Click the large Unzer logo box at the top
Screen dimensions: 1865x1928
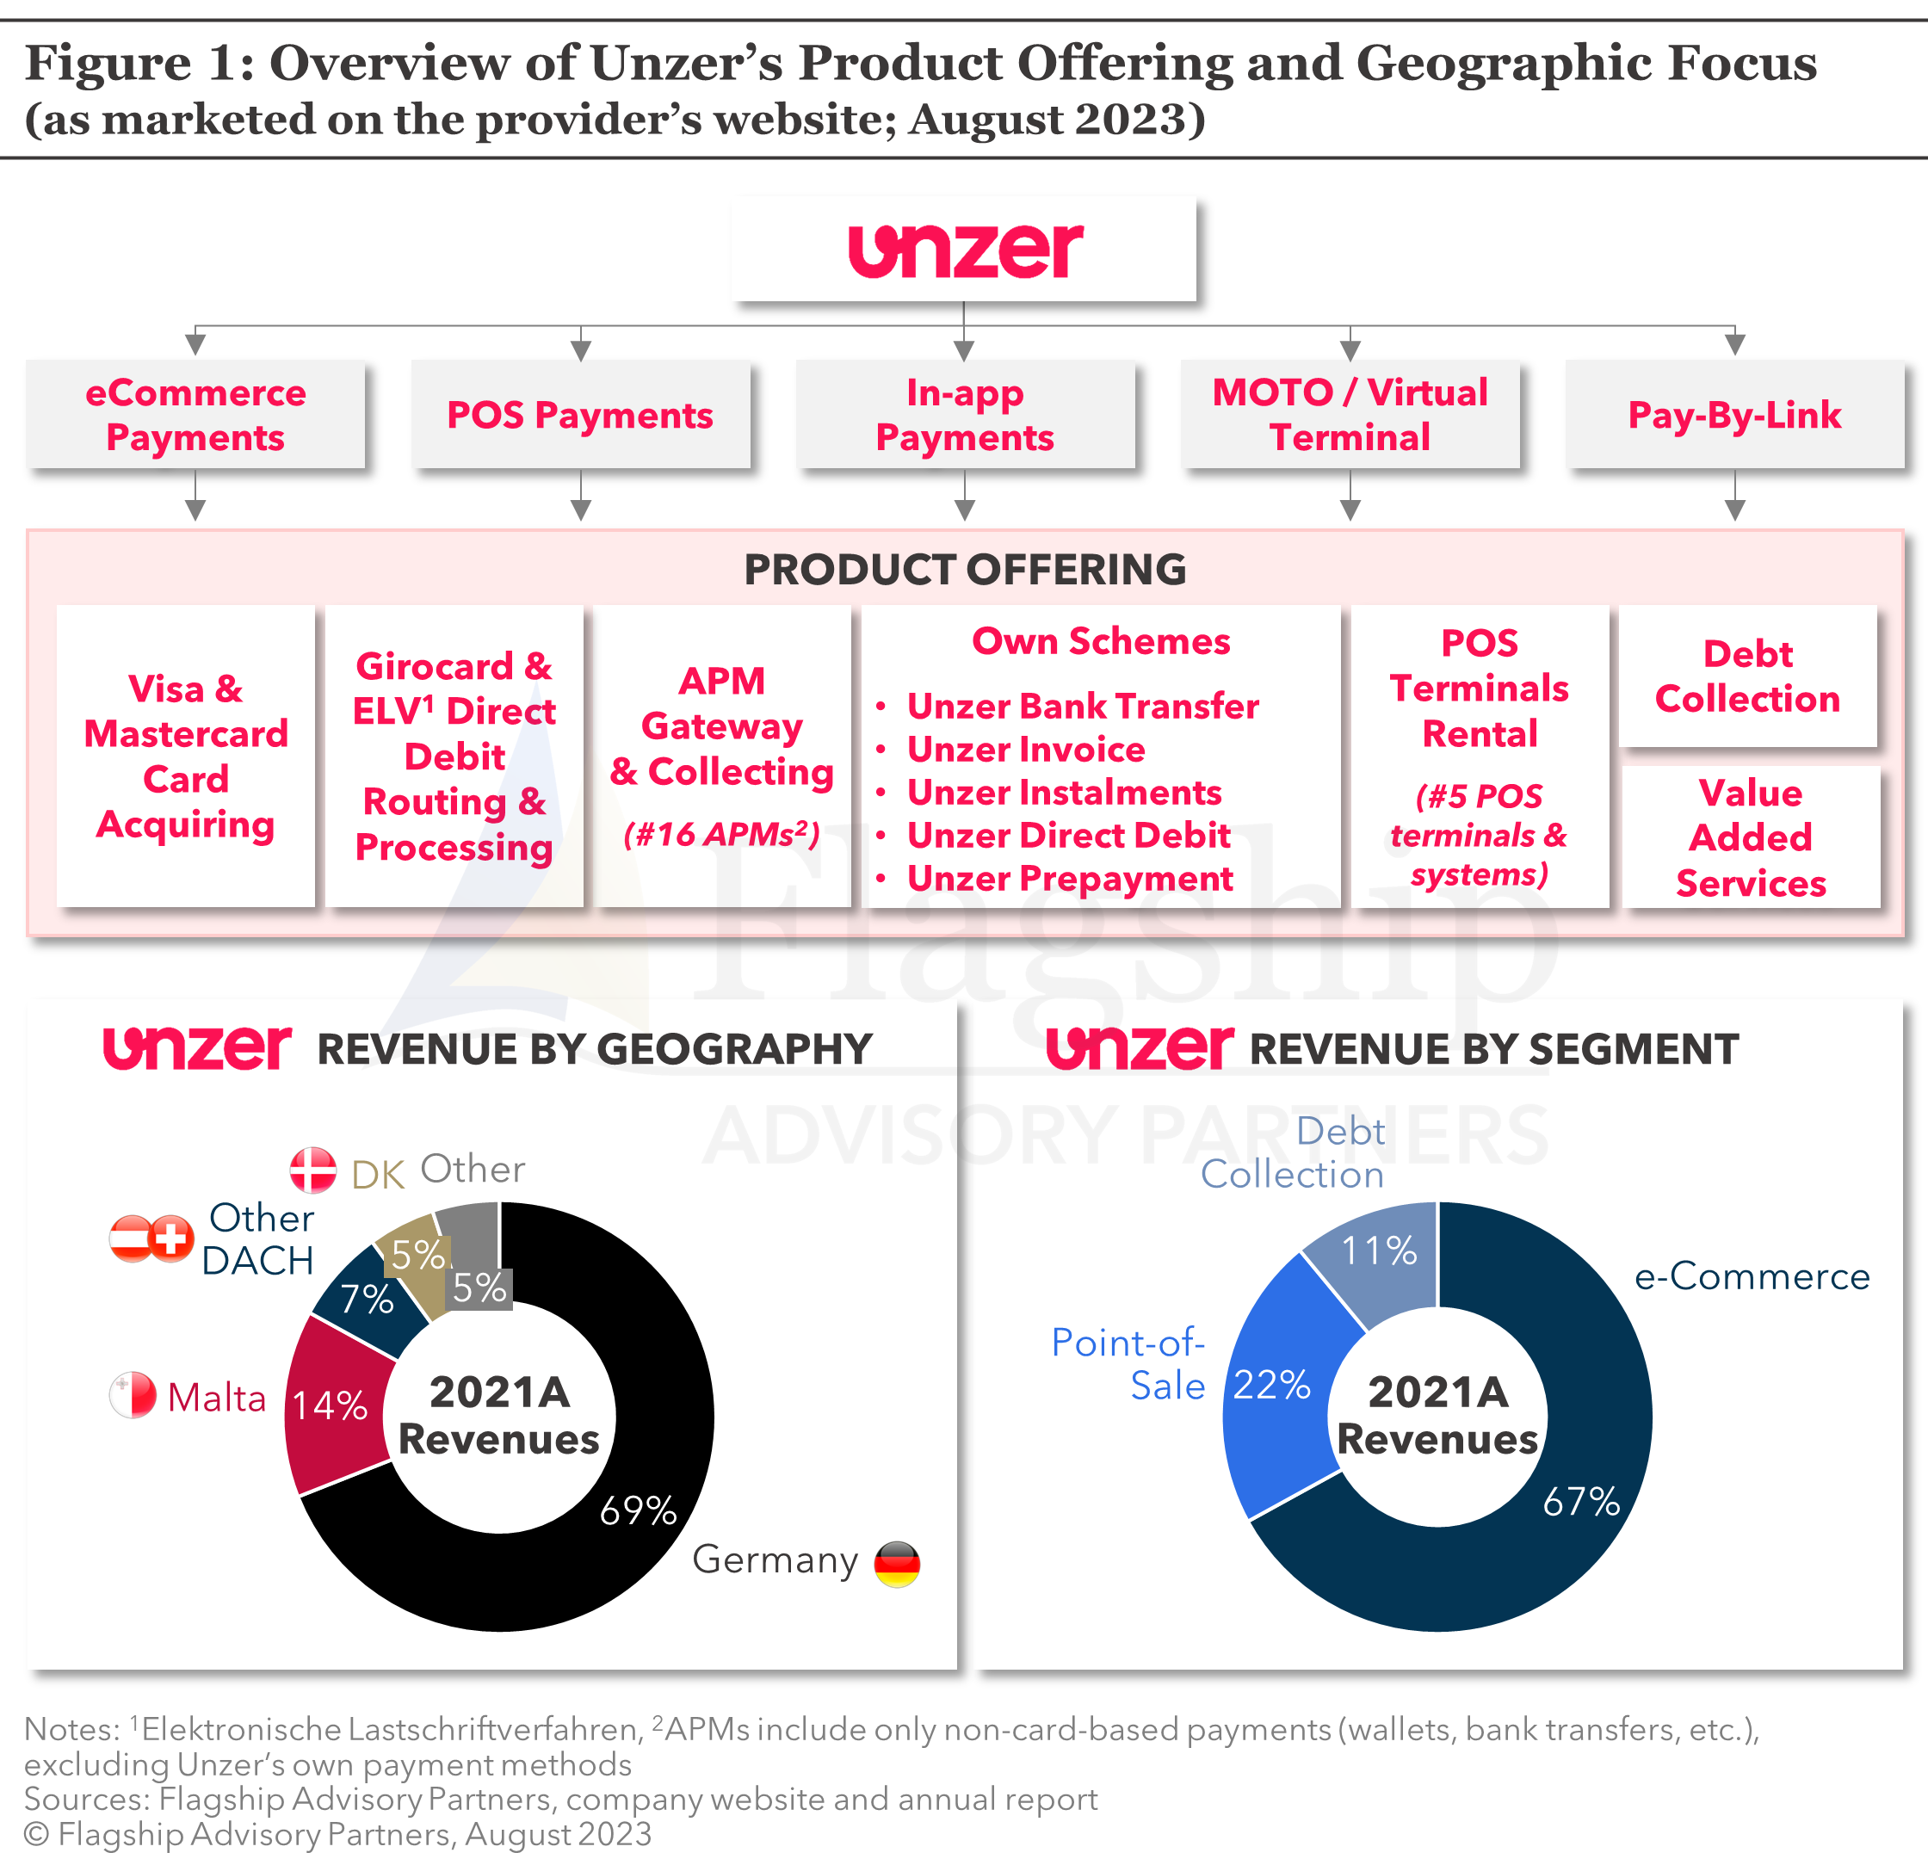coord(964,249)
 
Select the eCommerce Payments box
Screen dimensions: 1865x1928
coord(195,414)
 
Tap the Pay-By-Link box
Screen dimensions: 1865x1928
coord(1733,414)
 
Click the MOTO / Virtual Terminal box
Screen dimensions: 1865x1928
coord(1350,414)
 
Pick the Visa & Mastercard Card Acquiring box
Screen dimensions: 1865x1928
coord(185,756)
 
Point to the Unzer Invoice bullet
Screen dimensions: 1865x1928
coord(1025,750)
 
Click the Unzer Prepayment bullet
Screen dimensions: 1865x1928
coord(1069,879)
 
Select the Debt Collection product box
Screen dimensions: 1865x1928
coord(1747,676)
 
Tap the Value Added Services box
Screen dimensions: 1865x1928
coord(1750,837)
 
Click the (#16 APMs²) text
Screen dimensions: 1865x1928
coord(721,834)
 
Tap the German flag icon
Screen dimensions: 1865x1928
coord(897,1563)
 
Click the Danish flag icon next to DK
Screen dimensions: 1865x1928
coord(312,1170)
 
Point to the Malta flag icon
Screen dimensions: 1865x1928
coord(133,1395)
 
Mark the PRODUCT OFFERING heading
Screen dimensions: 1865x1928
coord(964,570)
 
